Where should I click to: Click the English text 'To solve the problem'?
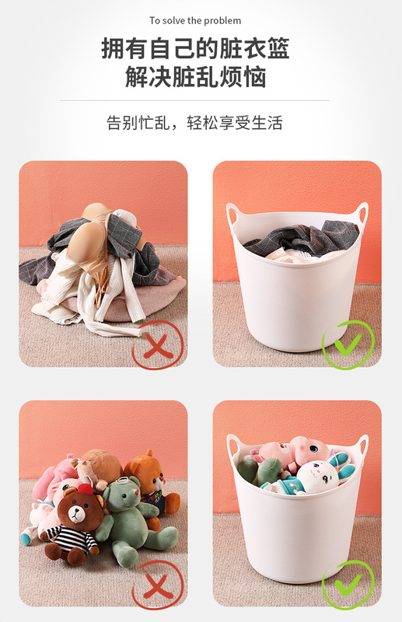pyautogui.click(x=195, y=20)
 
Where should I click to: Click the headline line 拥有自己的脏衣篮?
pyautogui.click(x=195, y=48)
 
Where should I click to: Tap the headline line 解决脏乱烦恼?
pyautogui.click(x=195, y=76)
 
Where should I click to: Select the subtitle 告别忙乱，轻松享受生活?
pyautogui.click(x=194, y=123)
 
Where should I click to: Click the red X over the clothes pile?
pyautogui.click(x=158, y=344)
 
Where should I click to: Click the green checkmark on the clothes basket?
pyautogui.click(x=348, y=344)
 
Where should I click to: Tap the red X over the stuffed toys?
pyautogui.click(x=158, y=585)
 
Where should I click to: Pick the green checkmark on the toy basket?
pyautogui.click(x=348, y=585)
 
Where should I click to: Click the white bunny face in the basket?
pyautogui.click(x=320, y=477)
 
